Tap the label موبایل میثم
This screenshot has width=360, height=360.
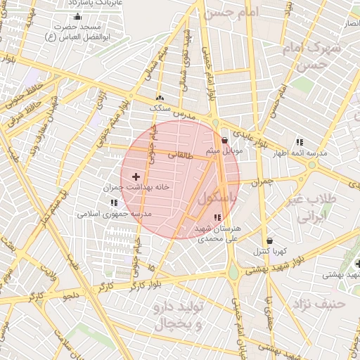[225, 151]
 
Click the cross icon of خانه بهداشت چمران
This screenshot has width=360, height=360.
[136, 176]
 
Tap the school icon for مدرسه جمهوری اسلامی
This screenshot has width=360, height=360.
[114, 202]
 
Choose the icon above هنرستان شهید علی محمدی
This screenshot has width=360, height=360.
[216, 217]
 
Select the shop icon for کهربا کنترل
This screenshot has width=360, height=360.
[270, 240]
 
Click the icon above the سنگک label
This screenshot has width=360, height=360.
[160, 98]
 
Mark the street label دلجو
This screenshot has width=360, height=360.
[72, 295]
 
